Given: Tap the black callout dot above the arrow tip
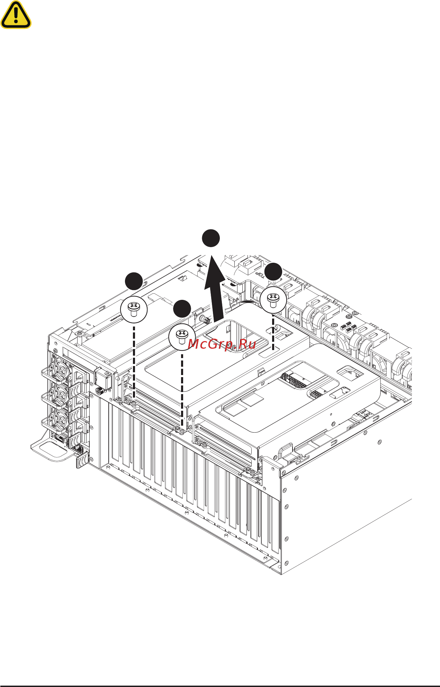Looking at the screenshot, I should (x=211, y=238).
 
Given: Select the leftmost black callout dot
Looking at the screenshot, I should (x=134, y=281).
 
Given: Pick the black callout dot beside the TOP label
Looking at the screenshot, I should (x=273, y=271).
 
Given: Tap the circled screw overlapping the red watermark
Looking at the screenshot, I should (x=182, y=337).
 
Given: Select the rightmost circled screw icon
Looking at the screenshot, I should (x=273, y=300).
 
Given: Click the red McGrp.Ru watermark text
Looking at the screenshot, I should (x=222, y=344).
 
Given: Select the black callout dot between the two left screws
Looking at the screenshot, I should (x=182, y=309).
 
